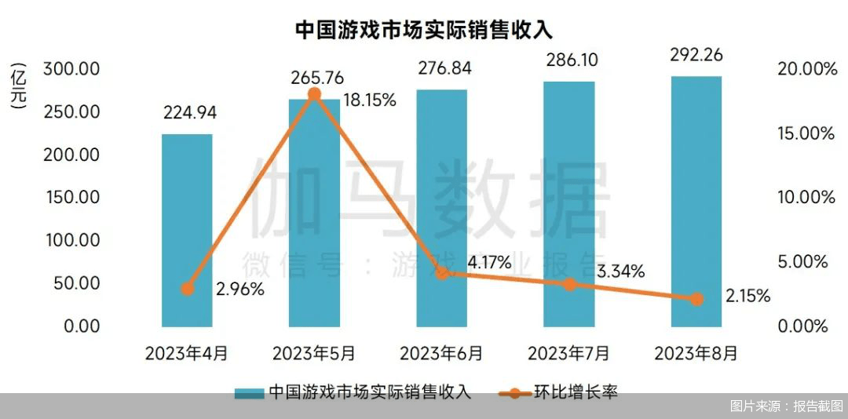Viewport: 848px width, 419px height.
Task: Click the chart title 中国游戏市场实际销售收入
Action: pyautogui.click(x=424, y=30)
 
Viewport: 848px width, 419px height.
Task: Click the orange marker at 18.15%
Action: pyautogui.click(x=314, y=94)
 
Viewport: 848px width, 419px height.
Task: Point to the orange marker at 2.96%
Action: pyautogui.click(x=187, y=289)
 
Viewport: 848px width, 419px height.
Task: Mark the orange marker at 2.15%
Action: pyautogui.click(x=696, y=299)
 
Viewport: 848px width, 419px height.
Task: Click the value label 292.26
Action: pyautogui.click(x=696, y=56)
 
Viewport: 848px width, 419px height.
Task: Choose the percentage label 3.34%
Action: pyautogui.click(x=620, y=271)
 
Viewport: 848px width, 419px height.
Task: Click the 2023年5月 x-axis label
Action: pyautogui.click(x=314, y=353)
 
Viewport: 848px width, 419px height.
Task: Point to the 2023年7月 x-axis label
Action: pyautogui.click(x=568, y=353)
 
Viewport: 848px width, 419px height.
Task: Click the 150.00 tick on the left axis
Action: pyautogui.click(x=71, y=197)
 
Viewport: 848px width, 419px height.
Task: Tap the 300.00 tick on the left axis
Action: pyautogui.click(x=71, y=69)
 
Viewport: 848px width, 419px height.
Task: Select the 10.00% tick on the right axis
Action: pyautogui.click(x=806, y=197)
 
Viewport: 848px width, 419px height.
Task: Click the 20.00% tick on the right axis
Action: pyautogui.click(x=806, y=69)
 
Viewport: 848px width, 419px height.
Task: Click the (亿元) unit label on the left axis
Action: pyautogui.click(x=20, y=86)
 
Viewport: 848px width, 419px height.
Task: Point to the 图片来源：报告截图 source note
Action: pyautogui.click(x=786, y=406)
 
